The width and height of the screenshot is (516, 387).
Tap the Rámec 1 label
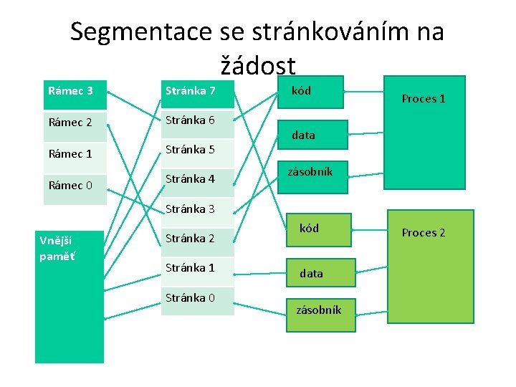click(x=70, y=154)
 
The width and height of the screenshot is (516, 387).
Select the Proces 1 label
click(x=424, y=99)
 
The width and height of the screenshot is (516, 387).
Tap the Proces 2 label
click(x=424, y=233)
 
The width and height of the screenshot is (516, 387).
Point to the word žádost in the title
click(x=258, y=66)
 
